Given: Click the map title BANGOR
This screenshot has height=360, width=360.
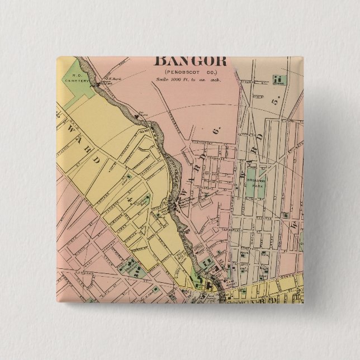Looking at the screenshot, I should tap(190, 60).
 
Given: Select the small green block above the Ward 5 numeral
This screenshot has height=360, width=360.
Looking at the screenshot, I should tap(278, 80).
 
